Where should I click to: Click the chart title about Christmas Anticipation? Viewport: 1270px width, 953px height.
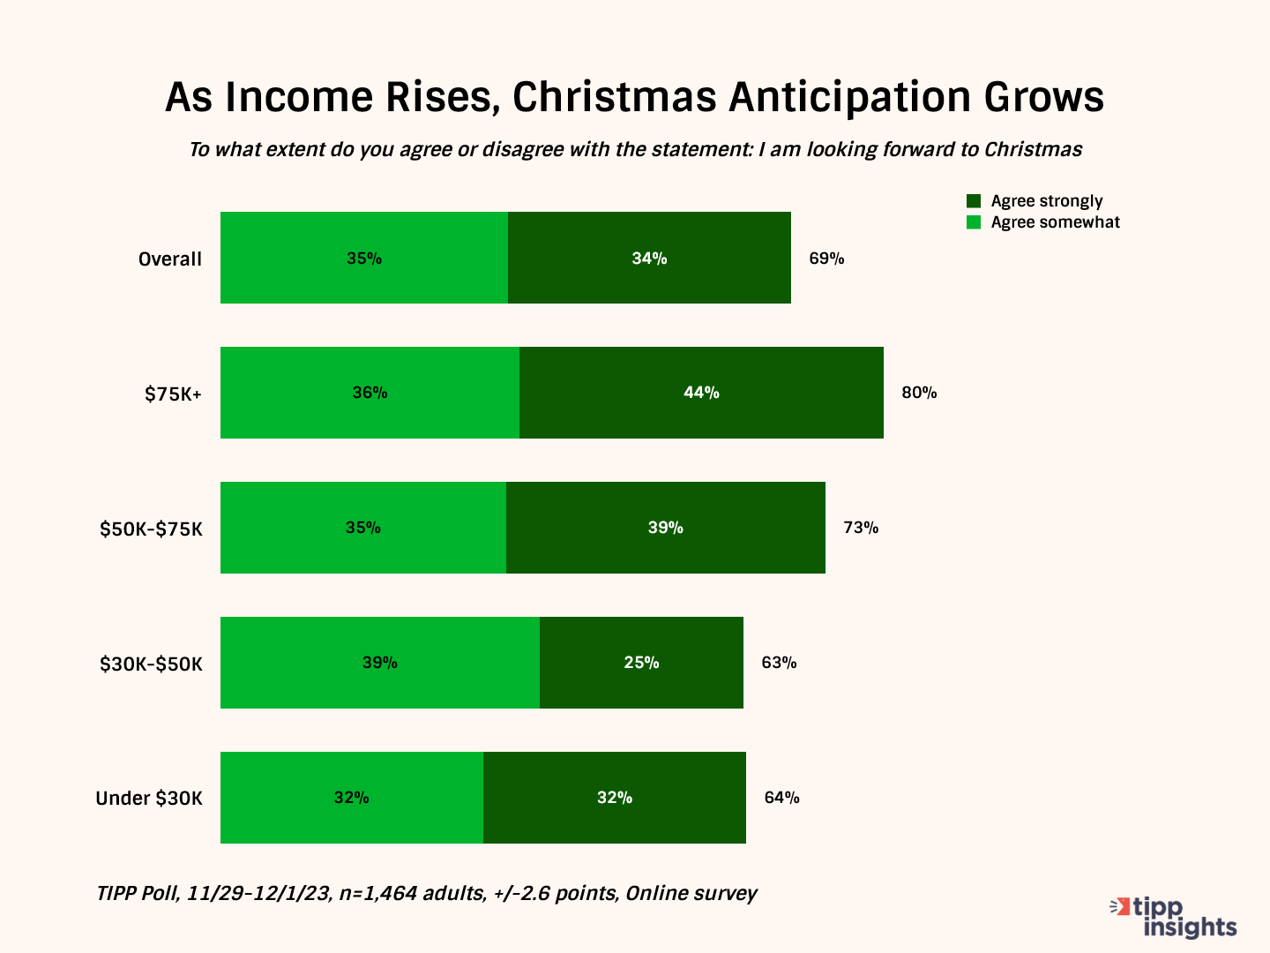click(634, 97)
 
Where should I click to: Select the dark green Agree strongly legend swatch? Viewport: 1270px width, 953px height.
click(974, 201)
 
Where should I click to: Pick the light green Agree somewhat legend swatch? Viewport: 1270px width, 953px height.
click(974, 222)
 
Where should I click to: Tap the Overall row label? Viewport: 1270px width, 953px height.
click(170, 259)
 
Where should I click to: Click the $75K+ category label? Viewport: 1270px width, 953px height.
click(174, 394)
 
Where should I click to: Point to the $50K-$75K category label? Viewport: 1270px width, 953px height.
click(151, 529)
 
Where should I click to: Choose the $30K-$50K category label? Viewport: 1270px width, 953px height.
click(151, 664)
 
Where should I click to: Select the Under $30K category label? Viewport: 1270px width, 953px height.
click(149, 799)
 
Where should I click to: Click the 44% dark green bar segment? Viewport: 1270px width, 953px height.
click(701, 393)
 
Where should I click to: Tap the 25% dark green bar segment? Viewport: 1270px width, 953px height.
click(641, 663)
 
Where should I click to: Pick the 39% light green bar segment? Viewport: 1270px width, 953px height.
click(379, 663)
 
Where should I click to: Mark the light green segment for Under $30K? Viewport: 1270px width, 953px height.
click(351, 798)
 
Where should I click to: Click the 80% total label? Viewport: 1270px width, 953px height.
click(919, 393)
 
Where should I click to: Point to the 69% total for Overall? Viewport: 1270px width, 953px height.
click(826, 259)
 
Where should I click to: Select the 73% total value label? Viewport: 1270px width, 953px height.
click(861, 528)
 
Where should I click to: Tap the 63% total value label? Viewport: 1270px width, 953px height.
click(779, 663)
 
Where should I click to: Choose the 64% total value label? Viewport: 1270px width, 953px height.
click(781, 798)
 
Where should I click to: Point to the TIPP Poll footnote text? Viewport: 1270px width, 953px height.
click(427, 894)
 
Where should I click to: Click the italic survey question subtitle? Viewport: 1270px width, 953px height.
click(635, 150)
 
